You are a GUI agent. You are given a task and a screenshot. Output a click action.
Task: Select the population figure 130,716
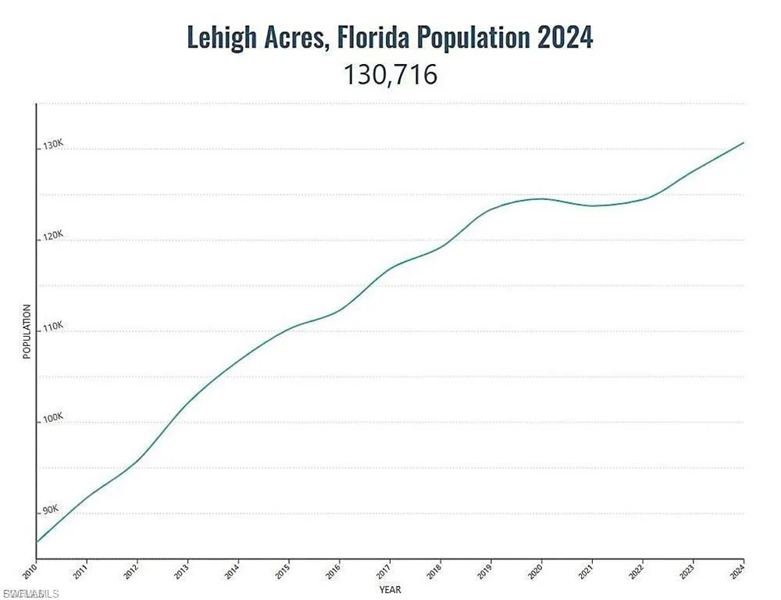390,75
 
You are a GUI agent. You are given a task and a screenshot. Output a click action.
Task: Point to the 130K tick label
52,145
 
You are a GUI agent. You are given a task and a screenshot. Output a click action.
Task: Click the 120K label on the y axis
52,236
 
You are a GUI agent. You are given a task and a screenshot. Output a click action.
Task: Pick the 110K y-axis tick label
52,327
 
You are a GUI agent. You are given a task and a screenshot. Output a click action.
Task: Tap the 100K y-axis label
52,419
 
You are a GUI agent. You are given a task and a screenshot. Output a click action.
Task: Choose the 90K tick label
51,510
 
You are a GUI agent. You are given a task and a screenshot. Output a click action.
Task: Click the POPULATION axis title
27,332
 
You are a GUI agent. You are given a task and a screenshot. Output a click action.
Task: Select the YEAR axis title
390,588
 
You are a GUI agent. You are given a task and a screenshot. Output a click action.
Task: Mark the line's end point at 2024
744,142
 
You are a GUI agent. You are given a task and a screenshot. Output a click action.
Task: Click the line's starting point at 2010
37,541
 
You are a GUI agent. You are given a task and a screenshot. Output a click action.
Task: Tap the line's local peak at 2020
541,198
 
